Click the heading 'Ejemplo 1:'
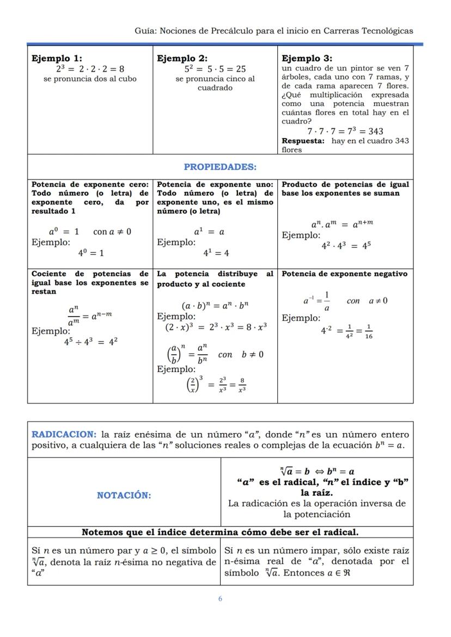click(57, 58)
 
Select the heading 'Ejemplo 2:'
click(182, 58)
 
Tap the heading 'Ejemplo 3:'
click(307, 58)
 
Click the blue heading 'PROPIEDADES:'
click(220, 167)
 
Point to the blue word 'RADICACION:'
click(64, 435)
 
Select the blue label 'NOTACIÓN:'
click(124, 495)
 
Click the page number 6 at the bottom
click(220, 599)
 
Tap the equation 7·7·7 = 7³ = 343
click(345, 131)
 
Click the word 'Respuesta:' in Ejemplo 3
click(303, 141)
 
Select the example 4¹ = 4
click(216, 253)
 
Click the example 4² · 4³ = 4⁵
click(346, 245)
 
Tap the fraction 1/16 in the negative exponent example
click(369, 331)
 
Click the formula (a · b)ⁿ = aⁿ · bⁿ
click(215, 305)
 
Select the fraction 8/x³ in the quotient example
click(241, 385)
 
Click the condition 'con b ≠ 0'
click(240, 355)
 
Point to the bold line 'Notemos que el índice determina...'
click(220, 532)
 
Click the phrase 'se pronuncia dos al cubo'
click(90, 79)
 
